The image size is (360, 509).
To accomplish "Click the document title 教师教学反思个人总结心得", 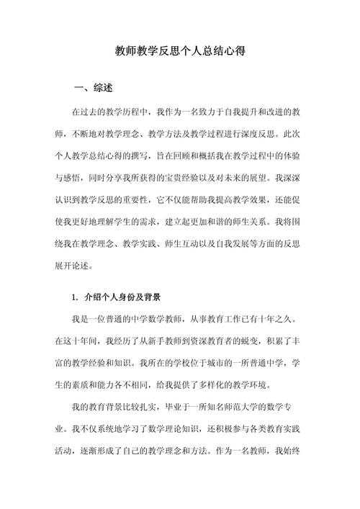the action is [181, 52].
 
